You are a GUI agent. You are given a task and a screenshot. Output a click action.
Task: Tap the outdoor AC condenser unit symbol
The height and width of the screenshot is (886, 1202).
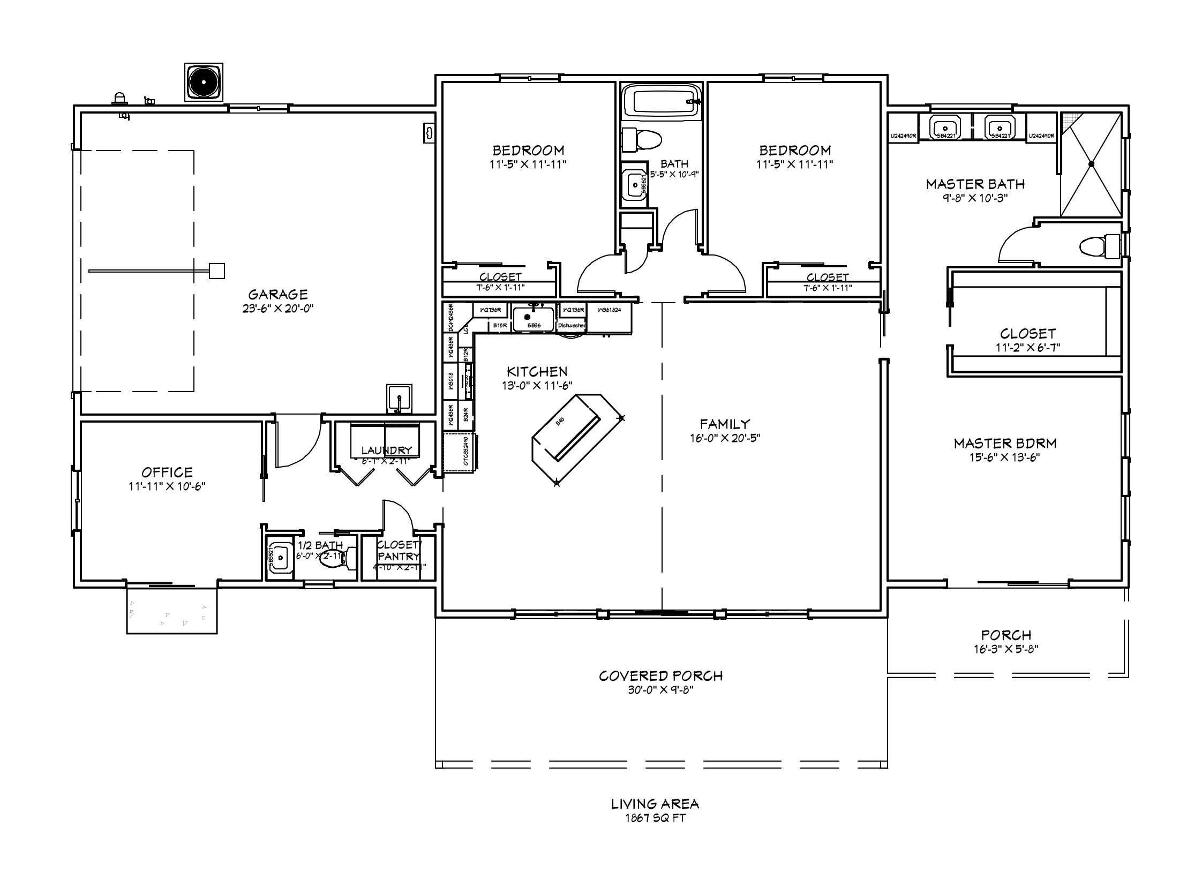pyautogui.click(x=204, y=82)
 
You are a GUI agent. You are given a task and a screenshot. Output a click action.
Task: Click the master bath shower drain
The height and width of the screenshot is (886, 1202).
pyautogui.click(x=1091, y=164)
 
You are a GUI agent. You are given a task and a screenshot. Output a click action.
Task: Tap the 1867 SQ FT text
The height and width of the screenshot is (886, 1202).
pyautogui.click(x=655, y=818)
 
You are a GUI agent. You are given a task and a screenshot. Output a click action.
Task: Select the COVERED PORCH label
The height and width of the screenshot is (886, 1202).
pyautogui.click(x=660, y=676)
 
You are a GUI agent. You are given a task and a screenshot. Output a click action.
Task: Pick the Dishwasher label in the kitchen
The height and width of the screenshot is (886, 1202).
pyautogui.click(x=572, y=326)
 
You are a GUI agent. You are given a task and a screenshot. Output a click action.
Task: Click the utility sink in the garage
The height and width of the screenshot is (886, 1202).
pyautogui.click(x=399, y=399)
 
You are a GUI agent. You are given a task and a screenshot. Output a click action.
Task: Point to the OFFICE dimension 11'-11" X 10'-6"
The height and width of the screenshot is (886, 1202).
pyautogui.click(x=167, y=486)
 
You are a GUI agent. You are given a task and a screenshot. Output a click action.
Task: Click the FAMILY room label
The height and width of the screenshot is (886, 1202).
pyautogui.click(x=725, y=424)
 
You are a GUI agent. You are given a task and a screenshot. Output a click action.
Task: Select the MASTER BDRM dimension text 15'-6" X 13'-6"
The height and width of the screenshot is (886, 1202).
pyautogui.click(x=1005, y=457)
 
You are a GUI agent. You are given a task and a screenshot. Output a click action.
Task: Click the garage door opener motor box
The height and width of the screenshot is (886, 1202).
pyautogui.click(x=216, y=271)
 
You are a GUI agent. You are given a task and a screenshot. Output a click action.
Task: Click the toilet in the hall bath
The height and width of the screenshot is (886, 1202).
pyautogui.click(x=643, y=140)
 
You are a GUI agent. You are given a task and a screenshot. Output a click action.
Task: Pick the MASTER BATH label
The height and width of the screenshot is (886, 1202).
pyautogui.click(x=974, y=184)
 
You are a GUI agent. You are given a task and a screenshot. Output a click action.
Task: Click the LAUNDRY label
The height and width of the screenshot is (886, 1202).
pyautogui.click(x=386, y=450)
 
